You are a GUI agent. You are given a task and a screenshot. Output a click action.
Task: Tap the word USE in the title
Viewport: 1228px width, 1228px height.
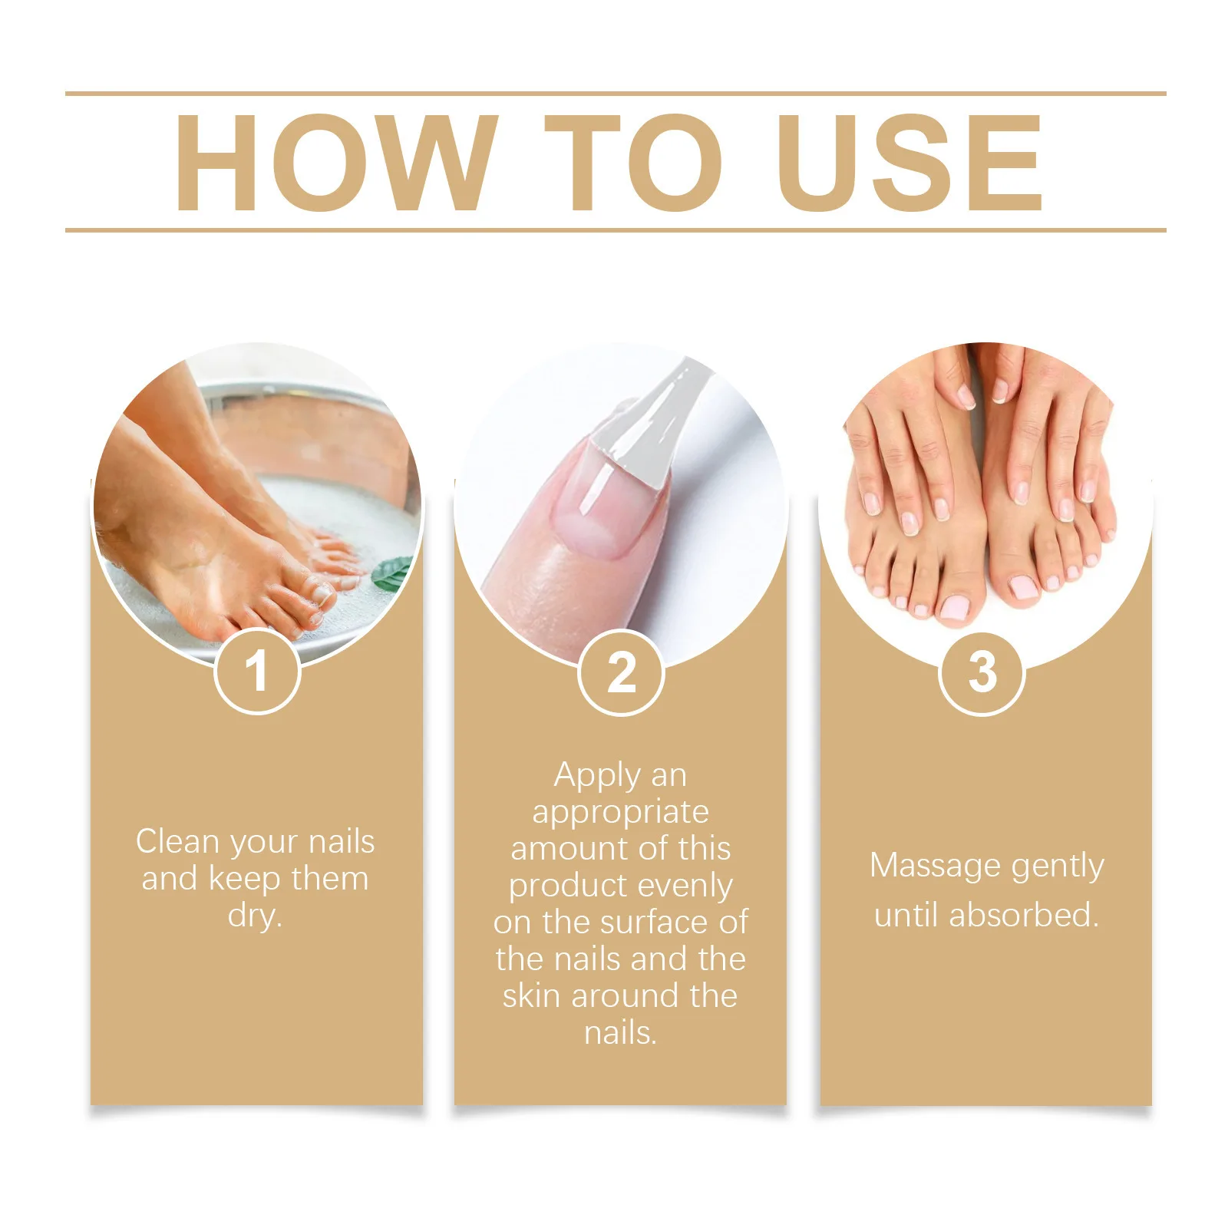910,163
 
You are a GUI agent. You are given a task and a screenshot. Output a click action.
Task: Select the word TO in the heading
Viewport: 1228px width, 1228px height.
633,163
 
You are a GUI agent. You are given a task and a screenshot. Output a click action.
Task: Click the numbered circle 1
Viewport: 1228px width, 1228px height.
256,671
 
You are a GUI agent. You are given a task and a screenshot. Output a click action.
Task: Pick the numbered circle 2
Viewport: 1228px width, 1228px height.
621,673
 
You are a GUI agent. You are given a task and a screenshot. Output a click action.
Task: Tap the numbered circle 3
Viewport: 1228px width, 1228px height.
982,673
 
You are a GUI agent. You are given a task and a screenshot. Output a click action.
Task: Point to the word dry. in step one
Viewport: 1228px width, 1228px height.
255,916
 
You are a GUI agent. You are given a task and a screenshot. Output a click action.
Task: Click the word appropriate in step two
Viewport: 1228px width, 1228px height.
620,813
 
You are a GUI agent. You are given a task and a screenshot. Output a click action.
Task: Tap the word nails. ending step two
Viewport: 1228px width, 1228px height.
620,1033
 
